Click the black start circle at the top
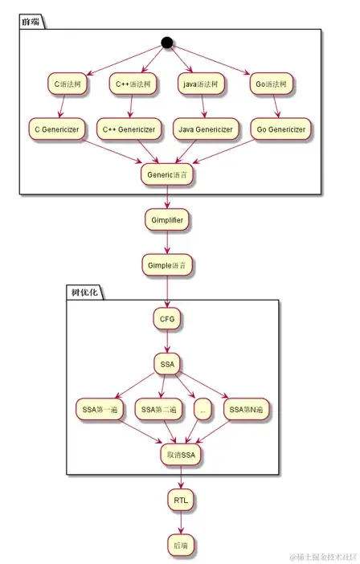(x=167, y=43)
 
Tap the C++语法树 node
(x=130, y=83)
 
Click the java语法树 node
(x=202, y=83)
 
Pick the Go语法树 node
(x=272, y=83)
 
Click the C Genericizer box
(x=55, y=129)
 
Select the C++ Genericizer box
(x=131, y=129)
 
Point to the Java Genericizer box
(x=205, y=129)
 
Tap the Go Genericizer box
(x=278, y=129)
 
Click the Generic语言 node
(x=167, y=174)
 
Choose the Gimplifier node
(x=167, y=219)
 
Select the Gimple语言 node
(x=167, y=264)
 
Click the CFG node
(x=167, y=319)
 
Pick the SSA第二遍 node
(x=159, y=410)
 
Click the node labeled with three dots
(x=202, y=410)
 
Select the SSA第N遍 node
(x=246, y=410)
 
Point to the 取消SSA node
(x=181, y=455)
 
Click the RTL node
(x=181, y=500)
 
